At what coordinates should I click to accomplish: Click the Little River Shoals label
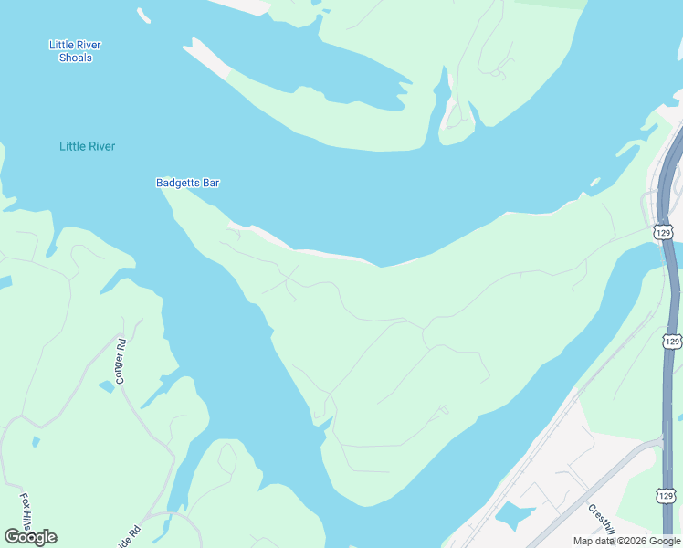pyautogui.click(x=75, y=51)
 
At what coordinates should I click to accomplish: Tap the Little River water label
pyautogui.click(x=87, y=146)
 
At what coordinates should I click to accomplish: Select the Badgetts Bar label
pyautogui.click(x=187, y=183)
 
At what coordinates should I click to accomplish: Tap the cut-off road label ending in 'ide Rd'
pyautogui.click(x=134, y=532)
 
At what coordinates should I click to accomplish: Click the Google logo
pyautogui.click(x=30, y=537)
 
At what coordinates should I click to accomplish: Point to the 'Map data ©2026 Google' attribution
pyautogui.click(x=626, y=541)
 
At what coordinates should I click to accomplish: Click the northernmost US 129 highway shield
pyautogui.click(x=664, y=233)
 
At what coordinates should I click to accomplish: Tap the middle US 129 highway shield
pyautogui.click(x=671, y=341)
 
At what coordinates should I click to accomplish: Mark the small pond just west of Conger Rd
pyautogui.click(x=108, y=386)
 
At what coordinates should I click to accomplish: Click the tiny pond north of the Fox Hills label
pyautogui.click(x=36, y=442)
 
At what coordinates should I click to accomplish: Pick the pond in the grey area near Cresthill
pyautogui.click(x=513, y=515)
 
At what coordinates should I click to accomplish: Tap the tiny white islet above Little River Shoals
pyautogui.click(x=143, y=15)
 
